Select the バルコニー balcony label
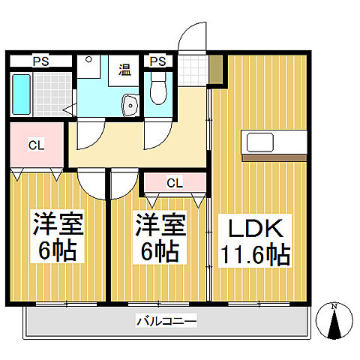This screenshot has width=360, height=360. click(x=166, y=322)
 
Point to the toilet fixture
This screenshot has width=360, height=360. click(x=157, y=88)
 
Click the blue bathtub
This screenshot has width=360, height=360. click(x=21, y=94)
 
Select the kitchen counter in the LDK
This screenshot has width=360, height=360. click(x=274, y=141)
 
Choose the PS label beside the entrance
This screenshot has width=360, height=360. click(x=157, y=61)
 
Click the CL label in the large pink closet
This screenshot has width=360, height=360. click(x=36, y=145)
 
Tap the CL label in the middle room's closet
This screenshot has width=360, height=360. click(x=174, y=182)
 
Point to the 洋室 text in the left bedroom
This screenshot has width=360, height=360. click(x=57, y=223)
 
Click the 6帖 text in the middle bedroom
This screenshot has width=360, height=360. click(x=159, y=251)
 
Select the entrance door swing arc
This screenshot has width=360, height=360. click(x=193, y=36)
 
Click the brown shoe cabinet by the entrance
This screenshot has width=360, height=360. click(x=216, y=69)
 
